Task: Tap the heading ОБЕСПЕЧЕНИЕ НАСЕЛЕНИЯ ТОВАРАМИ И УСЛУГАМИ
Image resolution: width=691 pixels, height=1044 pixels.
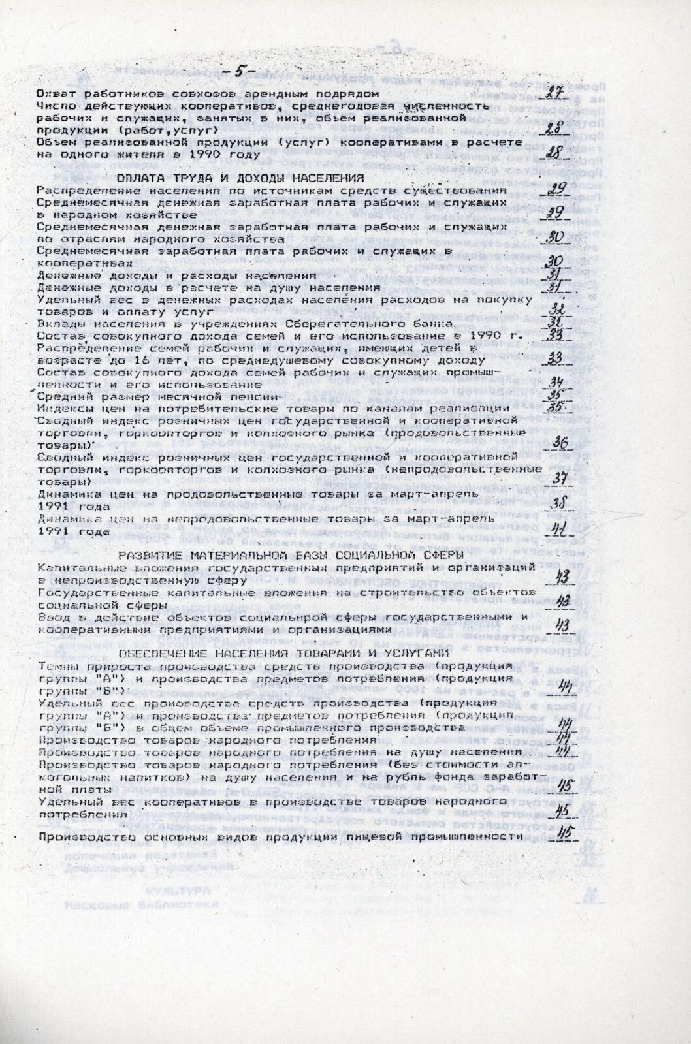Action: (284, 654)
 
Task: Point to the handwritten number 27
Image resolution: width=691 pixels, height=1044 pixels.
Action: (555, 91)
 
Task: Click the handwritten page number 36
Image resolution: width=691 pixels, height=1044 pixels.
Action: (559, 443)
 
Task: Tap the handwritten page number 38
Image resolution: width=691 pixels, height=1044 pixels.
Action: (558, 503)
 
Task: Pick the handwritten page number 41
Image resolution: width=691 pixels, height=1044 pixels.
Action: (559, 527)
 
